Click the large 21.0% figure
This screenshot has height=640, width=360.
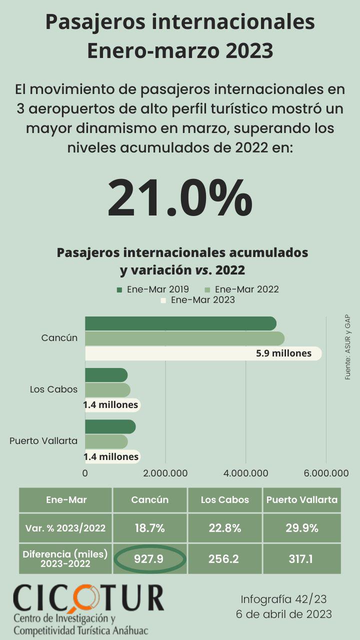coord(179,197)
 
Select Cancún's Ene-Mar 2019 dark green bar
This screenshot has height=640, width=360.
coord(180,323)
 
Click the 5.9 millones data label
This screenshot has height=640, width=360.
coord(283,353)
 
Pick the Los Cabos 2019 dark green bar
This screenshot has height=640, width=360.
coord(106,375)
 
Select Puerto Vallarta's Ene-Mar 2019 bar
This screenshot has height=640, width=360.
coord(110,426)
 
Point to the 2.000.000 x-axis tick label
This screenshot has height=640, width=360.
coord(165,473)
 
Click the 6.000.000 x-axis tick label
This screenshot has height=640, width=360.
coord(325,473)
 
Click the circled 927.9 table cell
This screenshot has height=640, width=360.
coord(149,559)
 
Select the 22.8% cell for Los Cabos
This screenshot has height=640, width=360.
coord(224,528)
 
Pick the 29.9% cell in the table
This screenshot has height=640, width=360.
coord(301,528)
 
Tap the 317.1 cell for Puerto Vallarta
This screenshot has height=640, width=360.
coord(301,559)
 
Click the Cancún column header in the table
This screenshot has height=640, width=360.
coord(149,499)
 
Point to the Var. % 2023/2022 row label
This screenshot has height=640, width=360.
coord(65,528)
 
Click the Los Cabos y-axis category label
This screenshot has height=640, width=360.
coord(53,389)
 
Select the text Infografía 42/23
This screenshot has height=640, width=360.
coord(283,599)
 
